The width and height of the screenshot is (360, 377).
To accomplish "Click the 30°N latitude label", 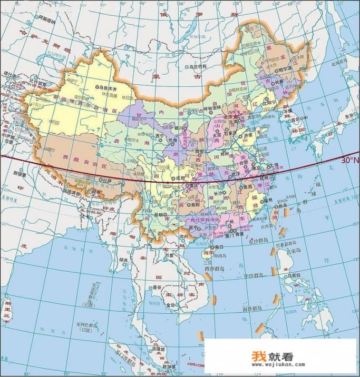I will point(349,160).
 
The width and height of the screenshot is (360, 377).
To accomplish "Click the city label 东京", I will point(348,116).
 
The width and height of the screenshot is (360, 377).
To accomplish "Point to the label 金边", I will point(170,305).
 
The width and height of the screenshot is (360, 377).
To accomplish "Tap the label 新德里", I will point(20,173).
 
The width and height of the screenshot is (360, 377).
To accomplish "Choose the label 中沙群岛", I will point(256,275).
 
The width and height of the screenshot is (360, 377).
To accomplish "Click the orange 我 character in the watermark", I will point(259,356).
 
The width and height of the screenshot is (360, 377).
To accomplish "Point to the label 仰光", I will point(124,261).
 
